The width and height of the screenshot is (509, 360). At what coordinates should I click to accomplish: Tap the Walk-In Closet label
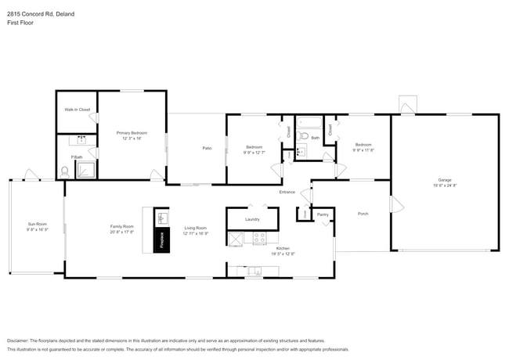(77, 110)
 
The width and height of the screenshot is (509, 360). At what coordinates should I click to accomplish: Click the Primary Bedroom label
(132, 132)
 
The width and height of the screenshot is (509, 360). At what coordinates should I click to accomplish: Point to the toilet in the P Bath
(65, 171)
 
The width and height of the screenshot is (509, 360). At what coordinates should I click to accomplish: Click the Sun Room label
(37, 225)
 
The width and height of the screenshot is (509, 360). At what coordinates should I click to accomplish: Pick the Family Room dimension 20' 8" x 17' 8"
(122, 232)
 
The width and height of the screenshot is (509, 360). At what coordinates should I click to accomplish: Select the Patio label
(207, 148)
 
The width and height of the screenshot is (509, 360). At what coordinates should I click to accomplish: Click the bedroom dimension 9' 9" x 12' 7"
(254, 152)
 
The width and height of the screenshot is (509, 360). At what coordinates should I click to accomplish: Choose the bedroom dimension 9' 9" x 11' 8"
(363, 149)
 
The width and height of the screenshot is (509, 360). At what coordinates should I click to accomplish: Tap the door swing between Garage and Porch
(396, 205)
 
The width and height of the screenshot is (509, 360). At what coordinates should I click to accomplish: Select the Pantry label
(322, 214)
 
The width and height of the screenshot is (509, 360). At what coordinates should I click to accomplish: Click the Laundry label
(252, 219)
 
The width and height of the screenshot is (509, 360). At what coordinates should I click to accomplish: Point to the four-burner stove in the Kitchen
(259, 237)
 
